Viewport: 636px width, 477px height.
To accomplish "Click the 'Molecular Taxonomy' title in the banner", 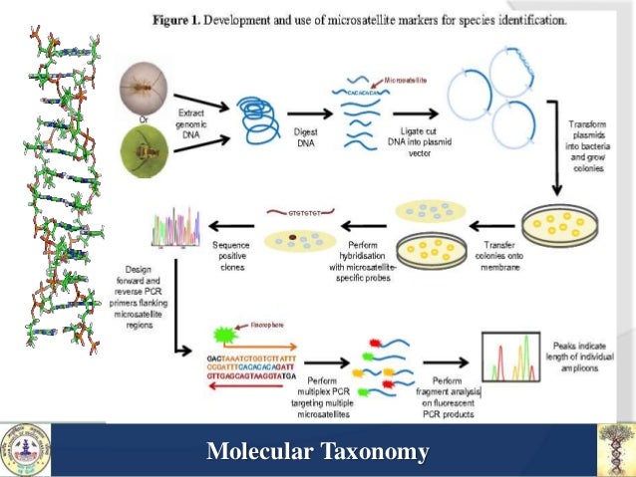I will pos(317,452).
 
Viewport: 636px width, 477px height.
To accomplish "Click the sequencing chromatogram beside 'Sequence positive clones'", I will pos(176,231).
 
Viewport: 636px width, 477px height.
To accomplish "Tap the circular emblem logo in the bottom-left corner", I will pos(25,450).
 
